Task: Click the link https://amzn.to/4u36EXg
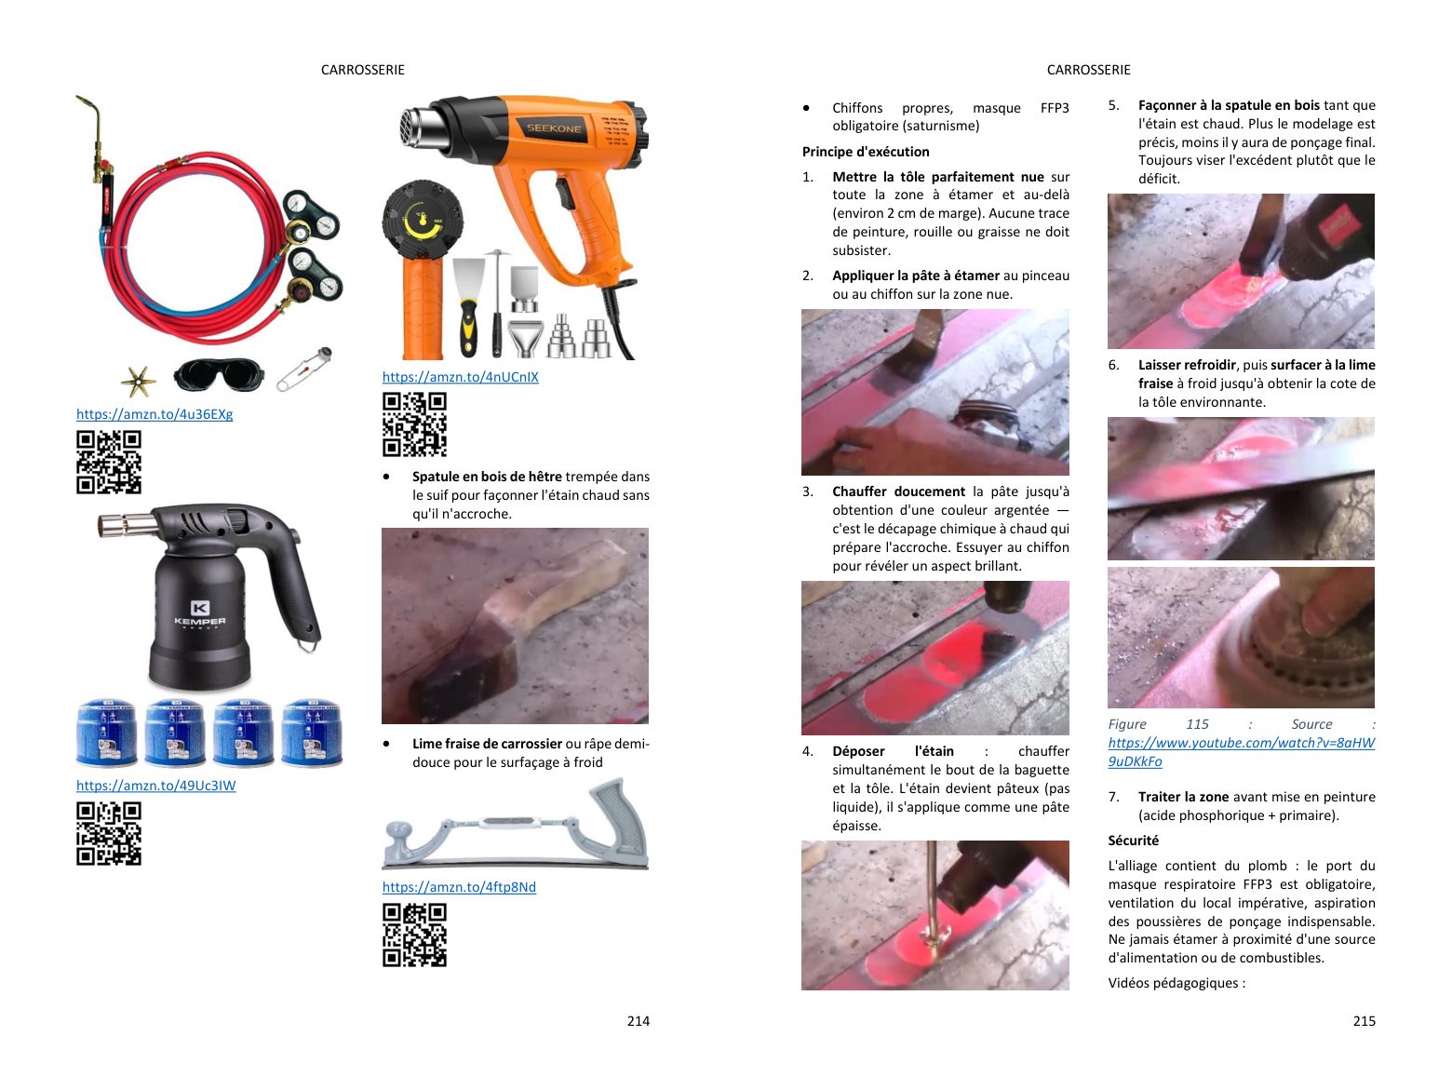(155, 414)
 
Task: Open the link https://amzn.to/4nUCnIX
(461, 377)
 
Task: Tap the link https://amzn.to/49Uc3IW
(155, 785)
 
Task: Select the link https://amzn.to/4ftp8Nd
(459, 887)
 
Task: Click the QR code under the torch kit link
(109, 463)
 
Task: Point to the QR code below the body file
(415, 935)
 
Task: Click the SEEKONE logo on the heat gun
(554, 128)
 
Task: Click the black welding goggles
(219, 375)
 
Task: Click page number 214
(639, 1020)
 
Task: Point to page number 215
(1364, 1020)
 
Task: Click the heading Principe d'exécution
(866, 152)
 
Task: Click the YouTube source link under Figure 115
(1241, 752)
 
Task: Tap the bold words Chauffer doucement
(898, 491)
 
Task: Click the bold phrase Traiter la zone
(1183, 797)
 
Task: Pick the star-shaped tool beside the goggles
(139, 381)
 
